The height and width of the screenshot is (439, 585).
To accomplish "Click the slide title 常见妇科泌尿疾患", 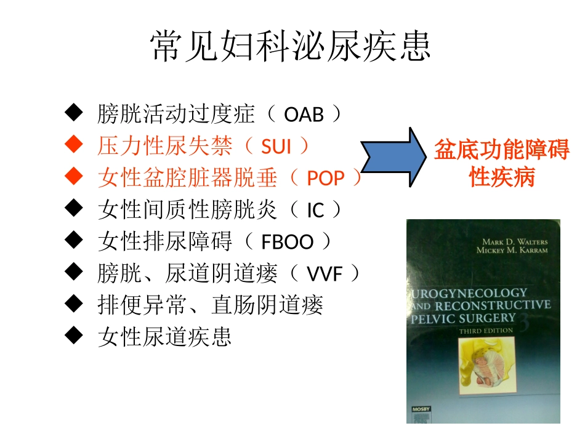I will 291,46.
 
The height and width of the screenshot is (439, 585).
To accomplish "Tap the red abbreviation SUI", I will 276,147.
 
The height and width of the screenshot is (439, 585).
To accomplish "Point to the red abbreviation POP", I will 326,179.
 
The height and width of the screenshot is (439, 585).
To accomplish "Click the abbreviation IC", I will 315,211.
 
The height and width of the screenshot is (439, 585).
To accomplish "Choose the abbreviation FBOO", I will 288,242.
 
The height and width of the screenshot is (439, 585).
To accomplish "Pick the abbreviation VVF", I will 325,274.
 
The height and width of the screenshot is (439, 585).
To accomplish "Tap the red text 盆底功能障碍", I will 502,150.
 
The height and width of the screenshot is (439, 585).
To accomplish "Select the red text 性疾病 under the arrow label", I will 502,177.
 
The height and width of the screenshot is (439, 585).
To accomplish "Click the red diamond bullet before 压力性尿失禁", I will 74,145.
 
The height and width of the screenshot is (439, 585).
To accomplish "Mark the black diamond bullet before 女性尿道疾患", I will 74,336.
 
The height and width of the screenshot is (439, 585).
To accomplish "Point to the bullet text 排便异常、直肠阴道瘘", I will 210,305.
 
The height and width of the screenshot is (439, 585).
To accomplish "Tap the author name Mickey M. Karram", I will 511,251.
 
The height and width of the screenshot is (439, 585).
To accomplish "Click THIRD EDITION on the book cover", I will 485,331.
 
